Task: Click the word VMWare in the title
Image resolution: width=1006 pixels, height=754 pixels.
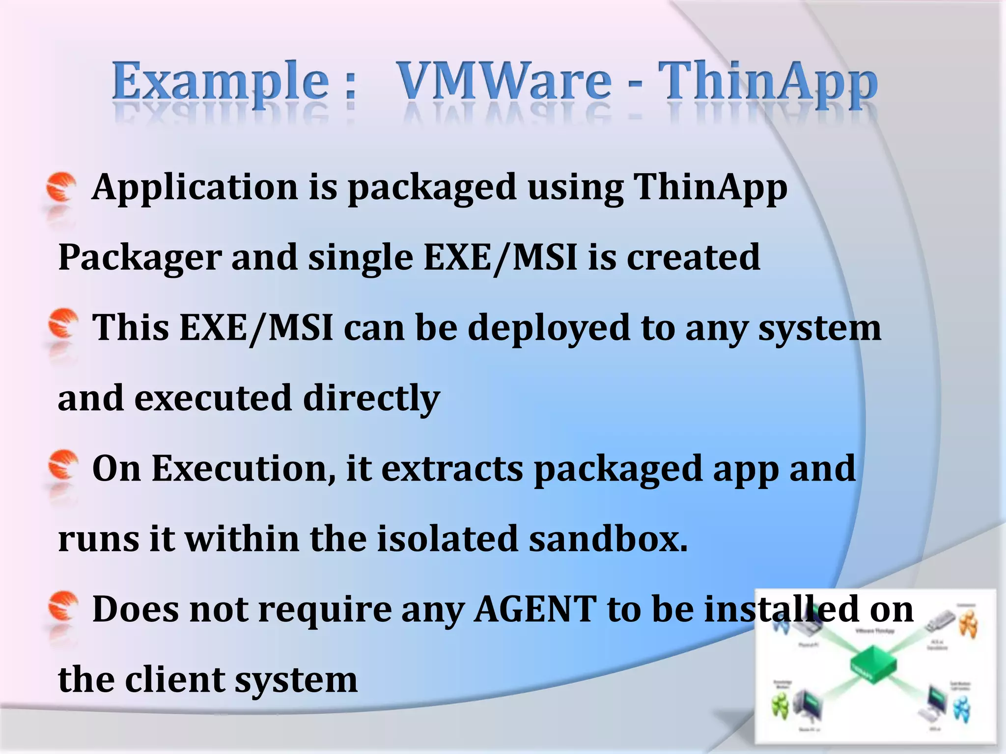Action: click(503, 81)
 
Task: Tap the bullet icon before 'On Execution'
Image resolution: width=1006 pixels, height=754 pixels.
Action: click(62, 464)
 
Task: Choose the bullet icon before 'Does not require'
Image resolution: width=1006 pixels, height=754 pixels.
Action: click(62, 605)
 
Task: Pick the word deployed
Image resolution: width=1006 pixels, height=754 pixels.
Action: click(548, 328)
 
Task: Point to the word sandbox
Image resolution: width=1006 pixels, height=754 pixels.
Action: click(608, 539)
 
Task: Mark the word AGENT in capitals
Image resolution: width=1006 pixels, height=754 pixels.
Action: click(535, 609)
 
